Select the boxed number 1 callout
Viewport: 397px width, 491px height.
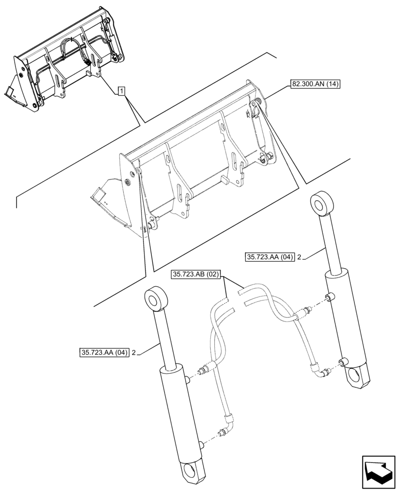coord(121,91)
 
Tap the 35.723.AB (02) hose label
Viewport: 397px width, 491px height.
coord(197,275)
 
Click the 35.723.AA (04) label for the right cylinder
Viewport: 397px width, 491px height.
coord(269,256)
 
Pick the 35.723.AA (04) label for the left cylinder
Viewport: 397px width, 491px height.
coord(103,352)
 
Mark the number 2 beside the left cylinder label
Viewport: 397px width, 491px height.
coord(133,352)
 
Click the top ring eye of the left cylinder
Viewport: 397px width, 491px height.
coord(156,299)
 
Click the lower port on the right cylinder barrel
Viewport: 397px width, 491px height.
coord(340,363)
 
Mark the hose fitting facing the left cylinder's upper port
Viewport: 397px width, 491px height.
coord(203,370)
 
